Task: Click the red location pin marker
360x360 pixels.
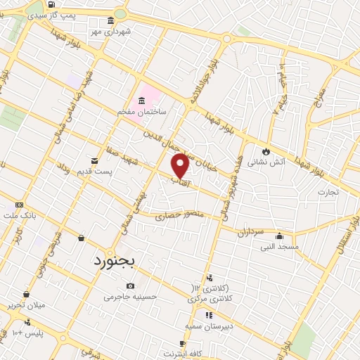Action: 181,166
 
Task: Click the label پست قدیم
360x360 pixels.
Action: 97,172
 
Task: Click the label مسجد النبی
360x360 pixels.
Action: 280,247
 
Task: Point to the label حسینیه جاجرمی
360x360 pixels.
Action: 128,297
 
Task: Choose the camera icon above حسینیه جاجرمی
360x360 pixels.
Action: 131,285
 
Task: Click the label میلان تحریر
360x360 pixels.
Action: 25,305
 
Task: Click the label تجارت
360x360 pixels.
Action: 328,191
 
